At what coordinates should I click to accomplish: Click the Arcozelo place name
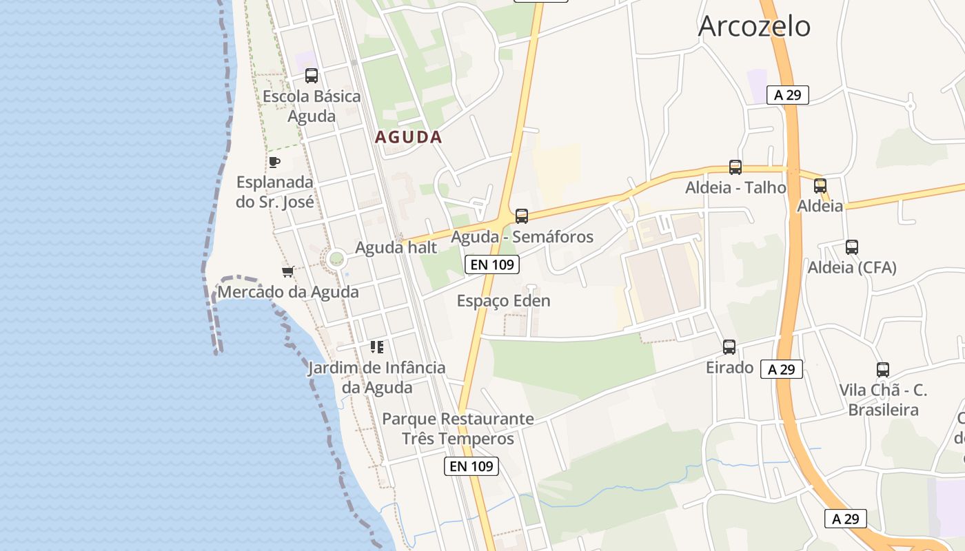click(x=754, y=27)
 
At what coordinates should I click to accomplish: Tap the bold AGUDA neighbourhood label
click(x=408, y=137)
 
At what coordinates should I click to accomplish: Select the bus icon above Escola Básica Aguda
click(x=312, y=76)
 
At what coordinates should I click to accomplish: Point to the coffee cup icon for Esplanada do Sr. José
click(x=274, y=162)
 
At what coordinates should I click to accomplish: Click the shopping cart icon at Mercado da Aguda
click(x=287, y=271)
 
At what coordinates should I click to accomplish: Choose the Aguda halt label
click(x=396, y=247)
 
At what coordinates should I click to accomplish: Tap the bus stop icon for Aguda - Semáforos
click(x=522, y=216)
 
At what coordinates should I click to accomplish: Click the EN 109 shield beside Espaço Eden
click(x=491, y=264)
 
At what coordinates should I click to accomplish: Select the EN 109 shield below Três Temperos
click(x=471, y=466)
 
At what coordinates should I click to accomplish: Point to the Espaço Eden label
click(x=503, y=301)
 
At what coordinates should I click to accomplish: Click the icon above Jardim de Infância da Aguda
click(x=376, y=346)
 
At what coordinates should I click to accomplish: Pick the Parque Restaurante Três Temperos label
click(x=458, y=428)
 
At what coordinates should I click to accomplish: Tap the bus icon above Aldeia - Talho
click(x=735, y=167)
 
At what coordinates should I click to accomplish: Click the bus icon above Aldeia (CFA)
click(x=852, y=247)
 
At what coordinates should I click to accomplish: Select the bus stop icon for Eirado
click(x=729, y=347)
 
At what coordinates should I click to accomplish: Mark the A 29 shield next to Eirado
click(x=781, y=369)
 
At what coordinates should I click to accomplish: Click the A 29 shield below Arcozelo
click(x=787, y=95)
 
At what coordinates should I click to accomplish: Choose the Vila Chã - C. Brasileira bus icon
click(x=883, y=369)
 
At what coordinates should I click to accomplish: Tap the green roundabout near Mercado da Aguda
click(x=336, y=259)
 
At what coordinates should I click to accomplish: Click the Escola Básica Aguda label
click(x=312, y=105)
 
